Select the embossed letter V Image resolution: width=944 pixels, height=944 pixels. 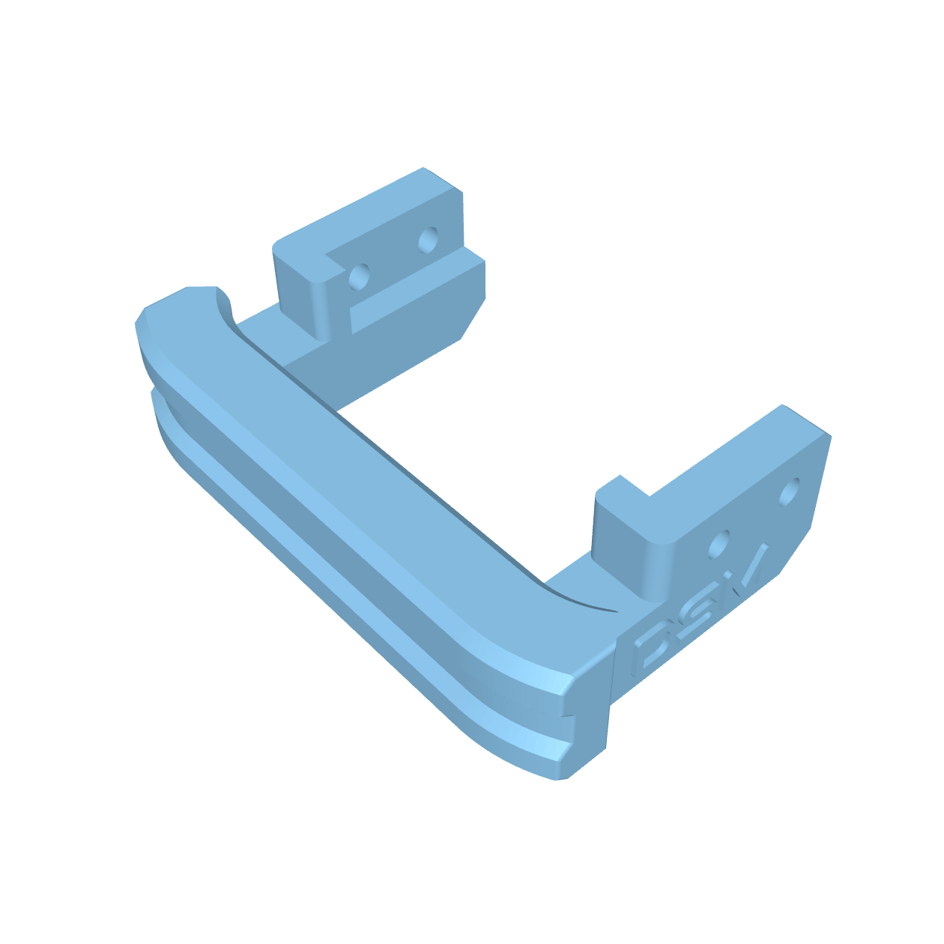pyautogui.click(x=749, y=569)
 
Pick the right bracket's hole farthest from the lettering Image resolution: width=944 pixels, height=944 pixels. pyautogui.click(x=789, y=492)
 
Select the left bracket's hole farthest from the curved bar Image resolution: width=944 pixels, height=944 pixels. pyautogui.click(x=428, y=240)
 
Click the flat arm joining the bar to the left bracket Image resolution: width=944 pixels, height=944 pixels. pyautogui.click(x=315, y=360)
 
